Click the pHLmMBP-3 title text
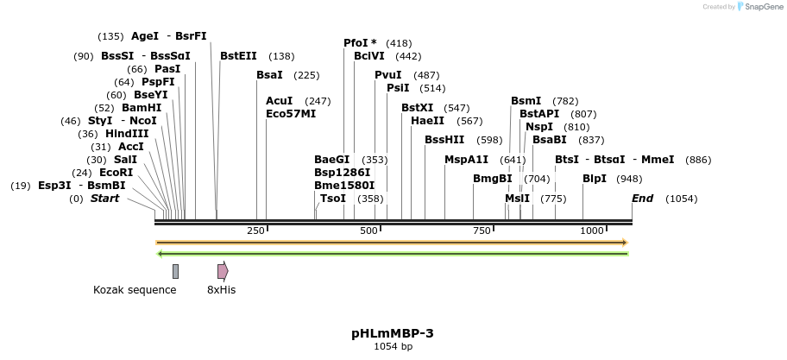tap(393, 332)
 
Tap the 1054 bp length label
tap(393, 346)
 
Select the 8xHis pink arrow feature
tap(223, 271)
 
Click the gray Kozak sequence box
tap(175, 271)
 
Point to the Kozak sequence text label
tap(135, 290)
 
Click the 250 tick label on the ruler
tap(255, 231)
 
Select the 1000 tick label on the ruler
tap(591, 231)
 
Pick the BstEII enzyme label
tap(238, 56)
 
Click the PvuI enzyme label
tap(387, 75)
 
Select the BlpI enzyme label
tap(595, 179)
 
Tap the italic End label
tap(642, 199)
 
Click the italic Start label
tap(104, 199)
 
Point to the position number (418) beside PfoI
tap(399, 43)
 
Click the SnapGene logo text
tap(759, 7)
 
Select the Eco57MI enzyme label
tap(291, 113)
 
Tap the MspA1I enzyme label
tap(466, 160)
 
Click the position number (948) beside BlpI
tap(630, 180)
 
